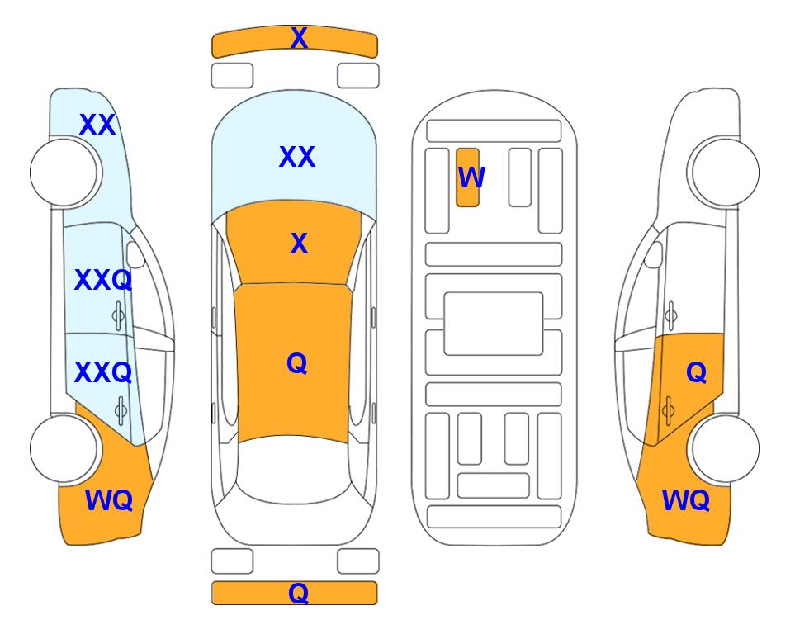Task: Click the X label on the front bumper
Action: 299,38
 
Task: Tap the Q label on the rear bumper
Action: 298,593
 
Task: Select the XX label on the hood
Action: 297,157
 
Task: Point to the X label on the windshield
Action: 299,244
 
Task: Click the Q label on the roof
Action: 297,363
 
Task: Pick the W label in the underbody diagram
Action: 471,177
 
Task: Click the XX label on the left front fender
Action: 97,125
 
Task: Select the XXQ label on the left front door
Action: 103,280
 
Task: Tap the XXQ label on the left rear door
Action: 103,372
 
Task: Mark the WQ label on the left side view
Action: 108,500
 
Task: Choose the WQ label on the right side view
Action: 685,500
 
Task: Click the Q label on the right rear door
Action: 696,373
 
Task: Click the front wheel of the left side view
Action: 64,173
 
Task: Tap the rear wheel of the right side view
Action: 726,448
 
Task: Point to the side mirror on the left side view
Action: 135,254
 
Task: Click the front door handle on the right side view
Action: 671,315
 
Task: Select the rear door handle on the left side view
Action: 121,410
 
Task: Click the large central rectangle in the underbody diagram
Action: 494,324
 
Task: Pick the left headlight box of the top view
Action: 232,76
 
